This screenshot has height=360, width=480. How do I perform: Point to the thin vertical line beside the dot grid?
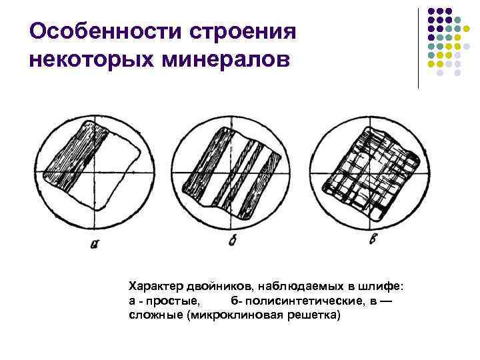[418, 47]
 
